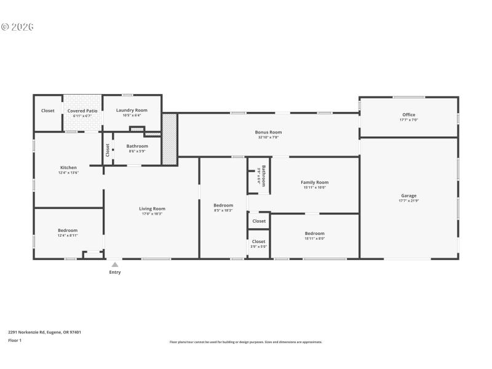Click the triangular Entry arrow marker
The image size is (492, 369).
point(114,264)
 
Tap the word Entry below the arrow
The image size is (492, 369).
point(115,272)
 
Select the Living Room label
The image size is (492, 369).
point(152,208)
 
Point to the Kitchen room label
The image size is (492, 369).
point(68,167)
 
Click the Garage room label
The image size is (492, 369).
point(409,196)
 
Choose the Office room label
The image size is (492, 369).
point(409,114)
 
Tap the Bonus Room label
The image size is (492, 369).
point(268,132)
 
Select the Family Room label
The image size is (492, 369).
point(314,182)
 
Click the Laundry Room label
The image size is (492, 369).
point(132,110)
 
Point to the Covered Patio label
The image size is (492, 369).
point(82,111)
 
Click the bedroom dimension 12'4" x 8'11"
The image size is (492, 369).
point(68,236)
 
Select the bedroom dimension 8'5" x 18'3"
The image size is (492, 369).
point(223,210)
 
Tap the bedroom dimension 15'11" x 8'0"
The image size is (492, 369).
point(314,239)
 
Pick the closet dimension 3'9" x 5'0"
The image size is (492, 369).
point(259,247)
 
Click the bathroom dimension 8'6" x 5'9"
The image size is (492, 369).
point(137,151)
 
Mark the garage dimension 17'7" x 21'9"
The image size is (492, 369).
point(409,201)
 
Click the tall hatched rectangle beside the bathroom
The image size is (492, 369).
point(169,138)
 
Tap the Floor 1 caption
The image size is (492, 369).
point(15,340)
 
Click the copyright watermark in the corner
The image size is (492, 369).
point(17,26)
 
